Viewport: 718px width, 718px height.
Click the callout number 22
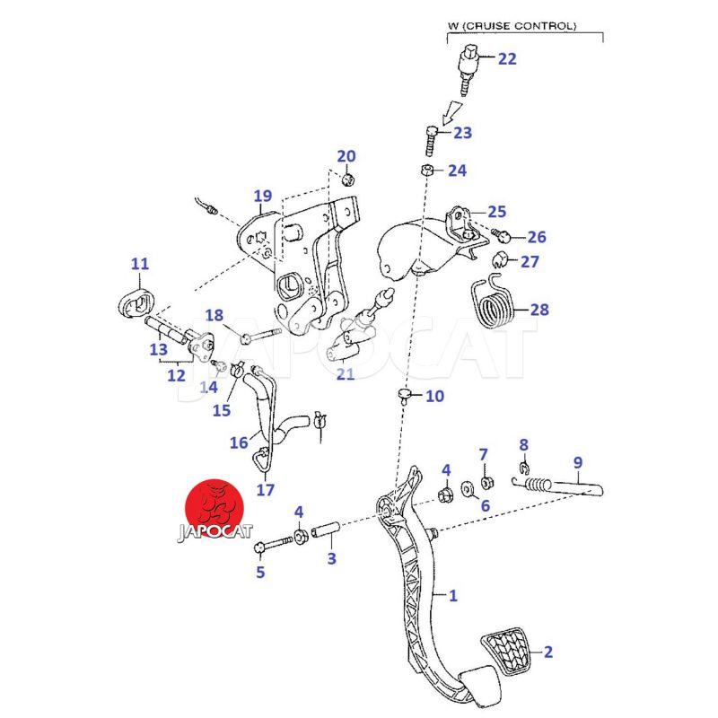507,59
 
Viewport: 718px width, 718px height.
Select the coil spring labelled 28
493,303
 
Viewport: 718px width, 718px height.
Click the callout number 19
262,196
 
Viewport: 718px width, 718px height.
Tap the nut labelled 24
428,171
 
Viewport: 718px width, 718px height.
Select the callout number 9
578,463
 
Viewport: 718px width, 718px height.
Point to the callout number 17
265,490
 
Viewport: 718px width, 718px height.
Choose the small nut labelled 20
349,178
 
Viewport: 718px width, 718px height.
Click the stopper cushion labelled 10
406,395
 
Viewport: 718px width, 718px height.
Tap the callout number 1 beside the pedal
453,595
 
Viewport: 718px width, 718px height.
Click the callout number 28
538,311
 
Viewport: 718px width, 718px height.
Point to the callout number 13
159,350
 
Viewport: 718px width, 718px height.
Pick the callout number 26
536,238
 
